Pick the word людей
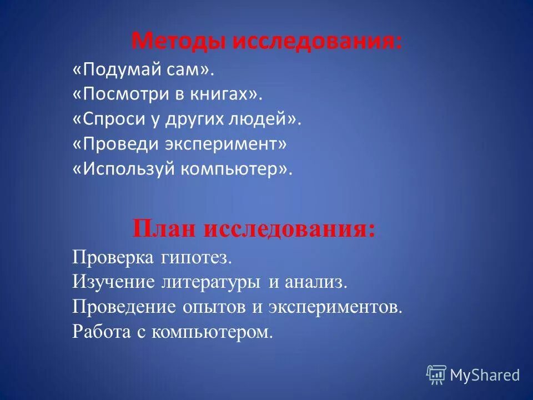(266, 119)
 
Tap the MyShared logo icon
(436, 375)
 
